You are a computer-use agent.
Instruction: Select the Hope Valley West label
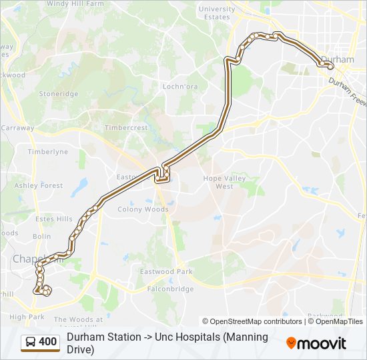point(224,182)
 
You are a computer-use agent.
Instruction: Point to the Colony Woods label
point(143,209)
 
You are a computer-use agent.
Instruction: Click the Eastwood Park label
point(165,271)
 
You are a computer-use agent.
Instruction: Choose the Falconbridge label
point(166,289)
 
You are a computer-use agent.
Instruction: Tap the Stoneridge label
point(58,94)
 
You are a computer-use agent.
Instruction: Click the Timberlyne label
point(48,152)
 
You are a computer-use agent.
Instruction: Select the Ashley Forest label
point(39,185)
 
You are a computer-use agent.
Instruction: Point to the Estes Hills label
point(54,219)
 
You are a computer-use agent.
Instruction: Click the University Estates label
point(217,13)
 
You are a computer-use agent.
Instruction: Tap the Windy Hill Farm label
point(75,3)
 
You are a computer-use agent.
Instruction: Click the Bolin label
point(41,236)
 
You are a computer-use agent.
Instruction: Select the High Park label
point(27,317)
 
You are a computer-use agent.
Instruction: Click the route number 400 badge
point(47,342)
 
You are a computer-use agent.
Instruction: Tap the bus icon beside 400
point(31,342)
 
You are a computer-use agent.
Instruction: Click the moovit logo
point(316,343)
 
